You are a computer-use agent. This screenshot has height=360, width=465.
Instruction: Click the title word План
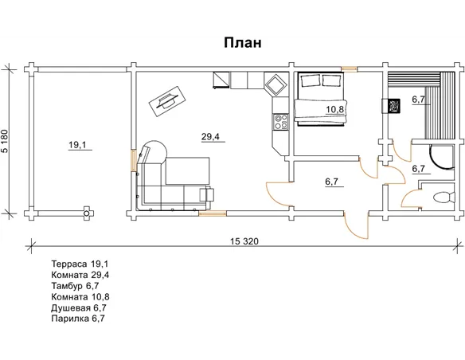[243, 43]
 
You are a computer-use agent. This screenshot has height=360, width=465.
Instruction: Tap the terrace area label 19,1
[77, 145]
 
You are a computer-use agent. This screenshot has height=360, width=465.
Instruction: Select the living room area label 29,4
[210, 137]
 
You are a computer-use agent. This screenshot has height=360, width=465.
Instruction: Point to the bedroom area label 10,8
[334, 109]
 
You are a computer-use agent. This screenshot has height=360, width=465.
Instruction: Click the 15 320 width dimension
[244, 241]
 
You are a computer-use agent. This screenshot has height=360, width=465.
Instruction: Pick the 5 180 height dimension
[6, 141]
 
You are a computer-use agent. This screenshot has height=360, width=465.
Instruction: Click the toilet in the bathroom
[444, 198]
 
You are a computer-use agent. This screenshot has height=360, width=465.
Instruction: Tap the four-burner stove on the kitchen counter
[280, 122]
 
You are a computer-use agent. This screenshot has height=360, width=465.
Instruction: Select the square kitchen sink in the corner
[276, 84]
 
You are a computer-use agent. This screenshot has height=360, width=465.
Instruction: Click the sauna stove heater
[393, 106]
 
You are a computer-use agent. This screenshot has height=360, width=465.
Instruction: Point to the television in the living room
[167, 102]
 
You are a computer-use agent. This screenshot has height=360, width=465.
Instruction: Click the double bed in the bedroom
[320, 100]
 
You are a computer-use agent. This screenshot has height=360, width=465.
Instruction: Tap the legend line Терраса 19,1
[80, 264]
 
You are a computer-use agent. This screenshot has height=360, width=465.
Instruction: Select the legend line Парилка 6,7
[78, 319]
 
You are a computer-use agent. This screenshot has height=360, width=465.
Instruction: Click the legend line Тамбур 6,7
[75, 286]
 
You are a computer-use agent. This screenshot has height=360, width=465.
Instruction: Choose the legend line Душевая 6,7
[79, 307]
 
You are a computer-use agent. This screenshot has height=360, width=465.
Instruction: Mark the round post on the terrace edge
[87, 213]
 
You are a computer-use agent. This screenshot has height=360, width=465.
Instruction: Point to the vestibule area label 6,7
[332, 181]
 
